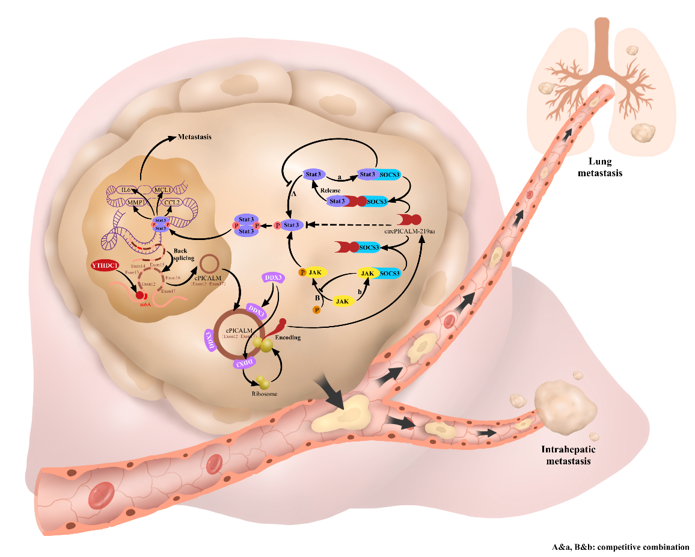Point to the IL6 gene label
click(127, 191)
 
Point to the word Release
click(331, 190)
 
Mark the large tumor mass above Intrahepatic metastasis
click(566, 406)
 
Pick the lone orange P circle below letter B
click(316, 310)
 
